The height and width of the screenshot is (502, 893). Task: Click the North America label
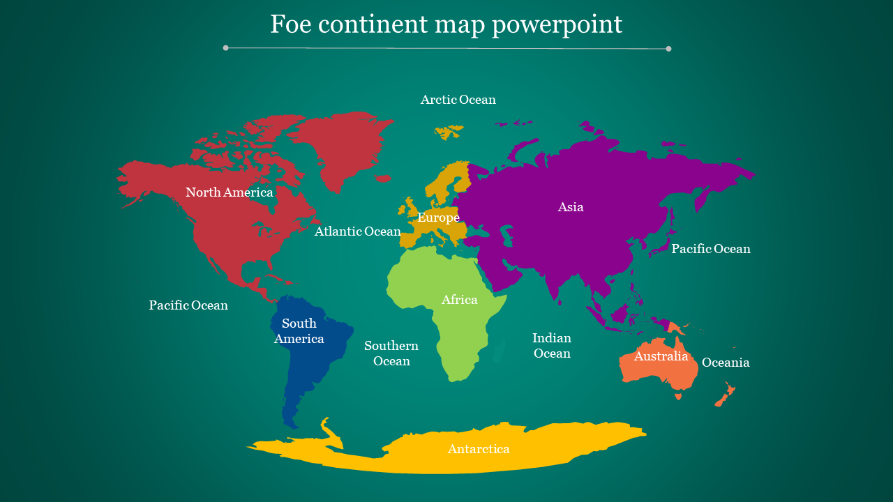coord(229,192)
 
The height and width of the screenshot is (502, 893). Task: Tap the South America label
coord(299,331)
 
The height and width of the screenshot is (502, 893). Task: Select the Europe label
coord(438,218)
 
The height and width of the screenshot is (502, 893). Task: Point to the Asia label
coord(571,207)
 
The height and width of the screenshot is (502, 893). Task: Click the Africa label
coord(459,300)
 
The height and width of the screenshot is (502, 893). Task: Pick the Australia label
coord(661,356)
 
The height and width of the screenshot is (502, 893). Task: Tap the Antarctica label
coord(479,449)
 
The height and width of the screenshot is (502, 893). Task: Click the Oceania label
coord(726,363)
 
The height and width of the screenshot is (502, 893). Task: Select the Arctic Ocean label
coord(458,100)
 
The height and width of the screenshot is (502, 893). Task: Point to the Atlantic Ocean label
coord(357,231)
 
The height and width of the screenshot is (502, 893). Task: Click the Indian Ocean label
coord(552,346)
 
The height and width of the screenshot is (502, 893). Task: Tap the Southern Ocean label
coord(391,353)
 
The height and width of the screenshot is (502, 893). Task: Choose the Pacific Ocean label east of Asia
coord(710,249)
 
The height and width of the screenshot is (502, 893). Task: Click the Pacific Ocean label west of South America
coord(188,305)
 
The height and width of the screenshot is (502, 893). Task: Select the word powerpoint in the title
coord(556,25)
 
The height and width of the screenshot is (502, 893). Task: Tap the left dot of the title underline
coord(225,48)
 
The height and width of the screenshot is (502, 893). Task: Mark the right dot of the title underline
coord(668,49)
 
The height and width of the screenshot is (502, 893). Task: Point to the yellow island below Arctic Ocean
coord(449,131)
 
